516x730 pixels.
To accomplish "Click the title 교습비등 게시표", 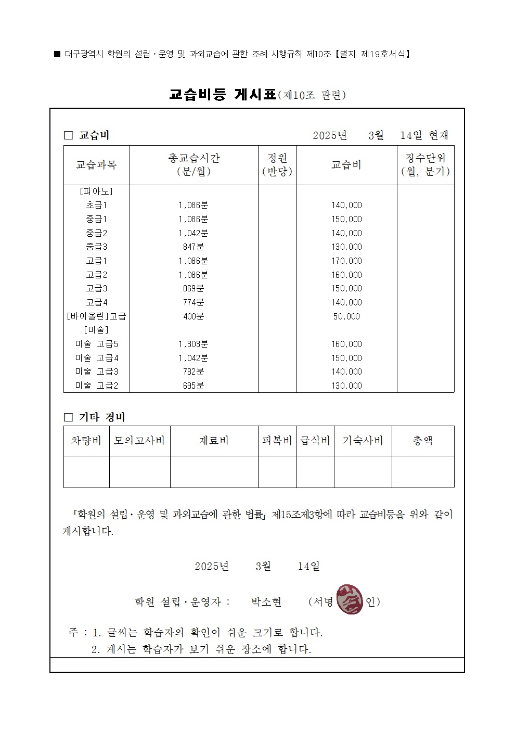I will pyautogui.click(x=223, y=95).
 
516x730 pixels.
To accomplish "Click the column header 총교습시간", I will pyautogui.click(x=193, y=164).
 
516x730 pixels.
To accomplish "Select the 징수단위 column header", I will pyautogui.click(x=425, y=164).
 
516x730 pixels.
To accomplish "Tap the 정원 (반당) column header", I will pyautogui.click(x=277, y=164).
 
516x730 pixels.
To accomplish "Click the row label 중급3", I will pyautogui.click(x=96, y=247).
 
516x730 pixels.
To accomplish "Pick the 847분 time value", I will pyautogui.click(x=193, y=247).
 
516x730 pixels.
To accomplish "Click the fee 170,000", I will pyautogui.click(x=346, y=261).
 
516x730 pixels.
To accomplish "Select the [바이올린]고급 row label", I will pyautogui.click(x=97, y=316).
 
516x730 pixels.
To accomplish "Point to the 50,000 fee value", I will pyautogui.click(x=346, y=316).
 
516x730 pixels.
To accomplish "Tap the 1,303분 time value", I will pyautogui.click(x=193, y=344).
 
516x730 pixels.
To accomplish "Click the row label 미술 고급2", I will pyautogui.click(x=97, y=386).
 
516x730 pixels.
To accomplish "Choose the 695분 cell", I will pyautogui.click(x=193, y=386).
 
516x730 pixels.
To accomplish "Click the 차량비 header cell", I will pyautogui.click(x=86, y=441).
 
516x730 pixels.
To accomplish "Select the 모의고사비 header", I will pyautogui.click(x=139, y=441).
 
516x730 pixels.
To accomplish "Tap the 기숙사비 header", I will pyautogui.click(x=363, y=441).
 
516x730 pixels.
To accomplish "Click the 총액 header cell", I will pyautogui.click(x=422, y=441).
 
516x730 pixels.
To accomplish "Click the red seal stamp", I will pyautogui.click(x=350, y=599).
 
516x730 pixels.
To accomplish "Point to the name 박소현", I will pyautogui.click(x=266, y=602).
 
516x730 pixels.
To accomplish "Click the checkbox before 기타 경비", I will pyautogui.click(x=68, y=417).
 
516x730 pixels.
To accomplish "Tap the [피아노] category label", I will pyautogui.click(x=96, y=191).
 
